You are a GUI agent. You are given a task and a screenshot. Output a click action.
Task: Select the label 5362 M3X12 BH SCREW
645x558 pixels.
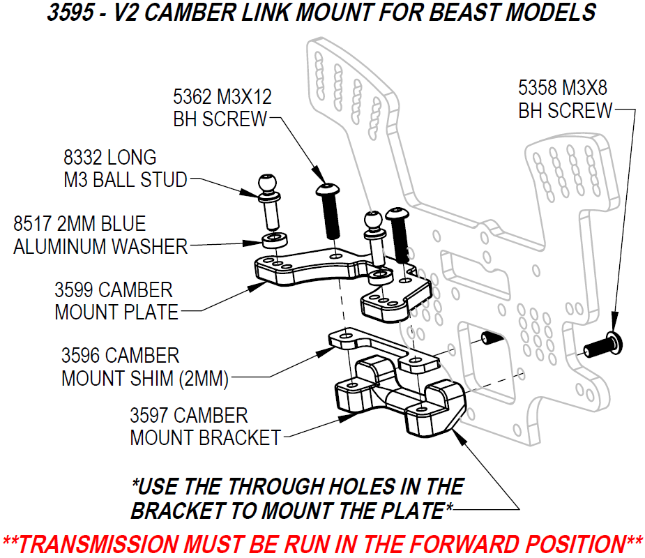tap(222, 107)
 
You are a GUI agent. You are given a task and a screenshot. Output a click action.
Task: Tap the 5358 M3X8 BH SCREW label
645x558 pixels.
tap(565, 99)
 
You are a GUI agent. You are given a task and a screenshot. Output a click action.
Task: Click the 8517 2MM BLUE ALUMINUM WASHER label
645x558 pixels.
tap(100, 235)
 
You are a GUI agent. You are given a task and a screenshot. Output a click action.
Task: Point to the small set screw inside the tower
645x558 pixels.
tap(491, 338)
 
